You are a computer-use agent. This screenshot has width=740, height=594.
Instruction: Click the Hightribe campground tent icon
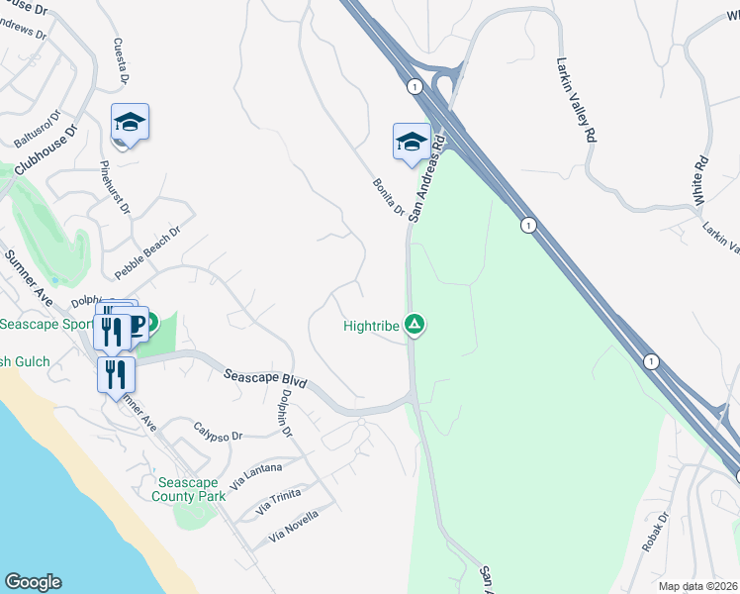[416, 324]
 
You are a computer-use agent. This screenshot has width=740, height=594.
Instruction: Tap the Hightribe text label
[372, 325]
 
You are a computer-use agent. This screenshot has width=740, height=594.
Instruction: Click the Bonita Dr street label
[389, 196]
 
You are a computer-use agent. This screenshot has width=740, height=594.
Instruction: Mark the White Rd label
[701, 179]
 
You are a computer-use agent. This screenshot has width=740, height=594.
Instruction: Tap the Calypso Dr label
[218, 435]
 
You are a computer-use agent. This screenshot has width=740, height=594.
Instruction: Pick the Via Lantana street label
[256, 475]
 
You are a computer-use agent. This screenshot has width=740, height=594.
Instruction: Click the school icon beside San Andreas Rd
[412, 142]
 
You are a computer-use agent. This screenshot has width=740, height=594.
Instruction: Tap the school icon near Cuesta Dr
[130, 122]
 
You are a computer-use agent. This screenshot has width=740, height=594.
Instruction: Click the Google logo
[33, 582]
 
